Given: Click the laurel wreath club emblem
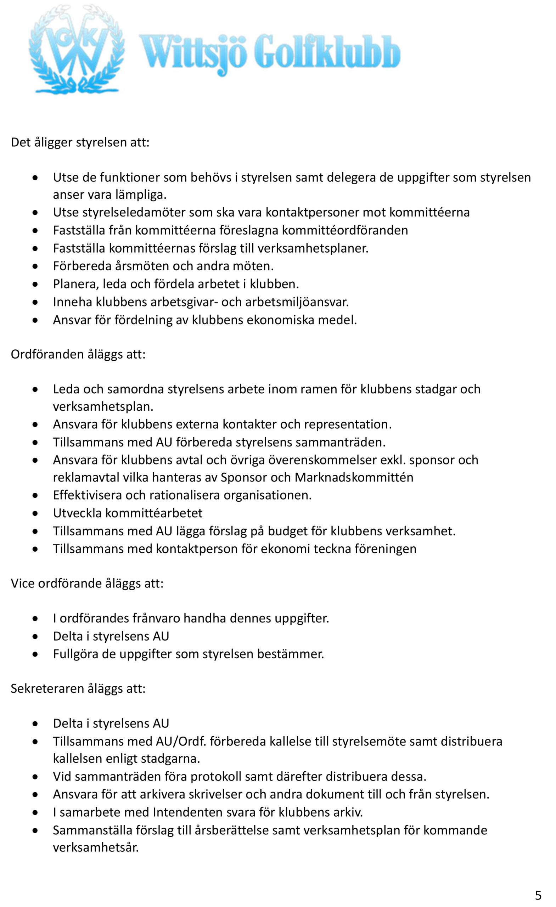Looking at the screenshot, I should [76, 50].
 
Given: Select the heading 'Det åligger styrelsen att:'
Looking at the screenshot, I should [80, 142].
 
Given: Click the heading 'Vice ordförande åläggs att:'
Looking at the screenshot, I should [87, 584].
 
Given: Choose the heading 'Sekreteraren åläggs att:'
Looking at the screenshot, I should [78, 688].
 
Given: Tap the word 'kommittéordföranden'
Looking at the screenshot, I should [345, 230].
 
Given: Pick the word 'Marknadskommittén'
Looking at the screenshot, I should [354, 478].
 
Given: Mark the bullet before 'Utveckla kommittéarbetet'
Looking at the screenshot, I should [35, 513].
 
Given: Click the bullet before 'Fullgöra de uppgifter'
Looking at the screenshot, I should [35, 654].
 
